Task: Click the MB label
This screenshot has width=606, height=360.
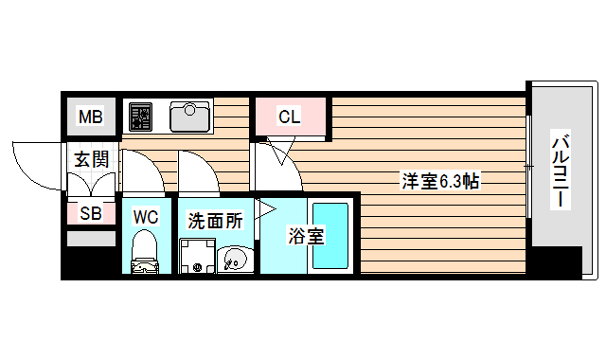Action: click(x=90, y=117)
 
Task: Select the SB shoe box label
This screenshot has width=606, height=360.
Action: click(x=91, y=213)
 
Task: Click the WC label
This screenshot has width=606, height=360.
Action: click(x=145, y=217)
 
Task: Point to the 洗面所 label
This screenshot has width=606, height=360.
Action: click(x=214, y=221)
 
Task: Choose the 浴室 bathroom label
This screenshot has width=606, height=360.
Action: click(x=306, y=235)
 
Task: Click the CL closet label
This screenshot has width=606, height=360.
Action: click(x=289, y=117)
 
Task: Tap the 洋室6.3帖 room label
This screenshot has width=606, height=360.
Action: click(x=439, y=180)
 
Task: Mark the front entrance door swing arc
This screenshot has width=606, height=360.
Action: click(x=33, y=162)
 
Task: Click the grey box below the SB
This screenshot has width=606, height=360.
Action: click(x=91, y=239)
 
